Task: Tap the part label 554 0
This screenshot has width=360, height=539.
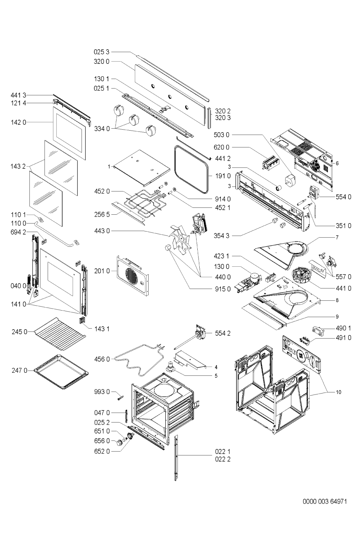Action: tap(344, 197)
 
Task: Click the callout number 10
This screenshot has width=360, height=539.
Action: tap(338, 392)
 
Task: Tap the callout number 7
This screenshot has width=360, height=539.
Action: tap(337, 237)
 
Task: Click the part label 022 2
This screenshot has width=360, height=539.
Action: tap(223, 459)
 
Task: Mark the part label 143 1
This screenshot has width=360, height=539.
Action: tap(102, 329)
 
